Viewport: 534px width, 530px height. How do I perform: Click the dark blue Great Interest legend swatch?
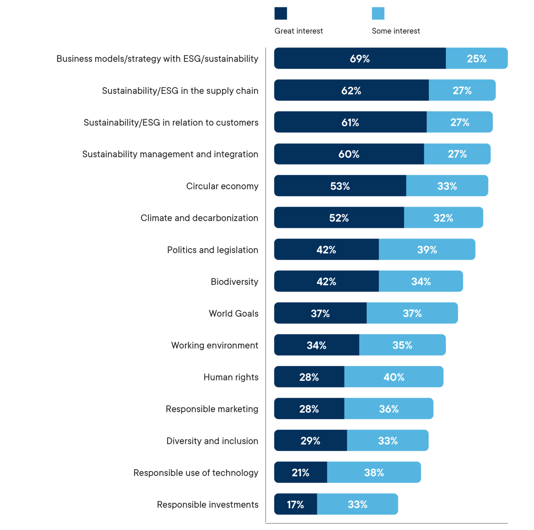(281, 13)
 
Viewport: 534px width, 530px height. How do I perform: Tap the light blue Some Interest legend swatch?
(378, 13)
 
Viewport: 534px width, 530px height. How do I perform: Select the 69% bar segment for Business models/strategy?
(360, 58)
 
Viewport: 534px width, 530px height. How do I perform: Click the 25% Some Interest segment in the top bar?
(477, 58)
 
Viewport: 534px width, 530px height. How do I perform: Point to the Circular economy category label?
(222, 186)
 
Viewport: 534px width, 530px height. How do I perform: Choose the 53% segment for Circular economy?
(340, 186)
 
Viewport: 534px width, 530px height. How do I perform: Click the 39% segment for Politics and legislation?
(427, 250)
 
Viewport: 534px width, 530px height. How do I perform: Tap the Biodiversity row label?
(235, 282)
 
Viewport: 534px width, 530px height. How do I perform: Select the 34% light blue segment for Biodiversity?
(421, 281)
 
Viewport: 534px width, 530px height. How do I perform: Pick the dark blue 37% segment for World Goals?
(320, 313)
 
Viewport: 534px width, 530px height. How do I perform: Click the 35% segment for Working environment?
(402, 345)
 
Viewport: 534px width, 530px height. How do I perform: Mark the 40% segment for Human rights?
(394, 377)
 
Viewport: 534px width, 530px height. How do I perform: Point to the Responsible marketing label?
(212, 409)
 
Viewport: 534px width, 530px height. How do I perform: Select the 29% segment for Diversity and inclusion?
(310, 441)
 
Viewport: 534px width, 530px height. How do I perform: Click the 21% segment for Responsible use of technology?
(300, 473)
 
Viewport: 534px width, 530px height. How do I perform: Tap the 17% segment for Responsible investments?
(295, 504)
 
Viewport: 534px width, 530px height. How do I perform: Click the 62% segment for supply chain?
(351, 90)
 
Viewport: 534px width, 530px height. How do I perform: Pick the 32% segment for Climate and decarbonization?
(444, 218)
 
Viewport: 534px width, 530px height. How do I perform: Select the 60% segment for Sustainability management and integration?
(349, 154)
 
